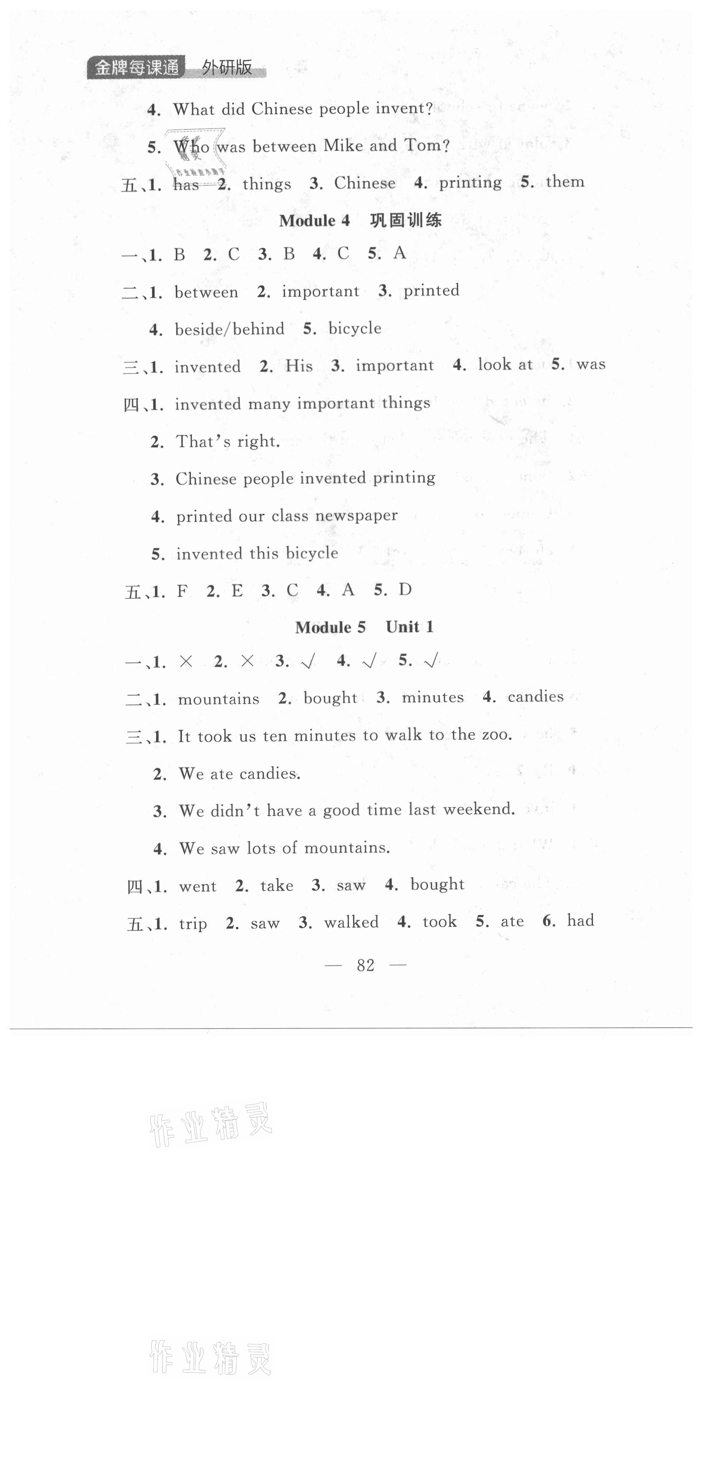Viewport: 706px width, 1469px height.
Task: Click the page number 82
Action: [365, 965]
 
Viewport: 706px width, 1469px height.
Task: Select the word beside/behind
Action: [229, 329]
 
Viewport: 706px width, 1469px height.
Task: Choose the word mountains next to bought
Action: [219, 699]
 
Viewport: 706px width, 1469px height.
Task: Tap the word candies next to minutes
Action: [536, 696]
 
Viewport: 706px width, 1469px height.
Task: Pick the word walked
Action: [351, 922]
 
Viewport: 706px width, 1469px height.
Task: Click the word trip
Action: [193, 924]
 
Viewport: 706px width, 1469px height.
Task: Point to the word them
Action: [565, 181]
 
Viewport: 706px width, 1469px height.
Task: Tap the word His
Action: [299, 365]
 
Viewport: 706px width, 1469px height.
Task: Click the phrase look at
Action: [505, 365]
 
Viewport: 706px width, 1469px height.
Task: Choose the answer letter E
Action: [237, 591]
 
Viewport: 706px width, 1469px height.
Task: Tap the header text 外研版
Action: [227, 68]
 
